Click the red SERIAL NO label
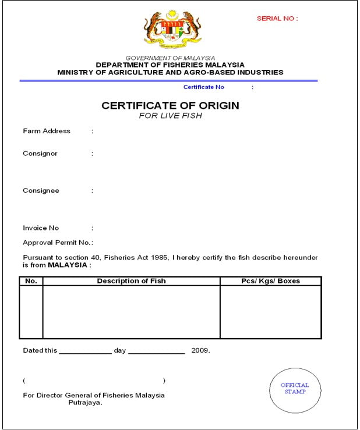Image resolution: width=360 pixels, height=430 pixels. pos(277,19)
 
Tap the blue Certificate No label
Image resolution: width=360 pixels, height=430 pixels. pos(203,87)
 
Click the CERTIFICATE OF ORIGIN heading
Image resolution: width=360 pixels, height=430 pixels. pos(170,105)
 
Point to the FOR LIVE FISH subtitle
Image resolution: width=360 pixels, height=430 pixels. pos(170,116)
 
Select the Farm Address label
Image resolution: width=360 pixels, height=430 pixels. pos(47,132)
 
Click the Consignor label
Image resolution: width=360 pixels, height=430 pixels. pos(40,154)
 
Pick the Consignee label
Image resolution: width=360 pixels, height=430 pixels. pos(41,191)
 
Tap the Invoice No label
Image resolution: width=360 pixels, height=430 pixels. pos(41,228)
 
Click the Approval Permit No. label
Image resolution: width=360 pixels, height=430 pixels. pos(57,243)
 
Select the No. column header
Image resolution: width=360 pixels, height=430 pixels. pos(31,281)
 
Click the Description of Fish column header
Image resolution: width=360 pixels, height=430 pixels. pos(131,281)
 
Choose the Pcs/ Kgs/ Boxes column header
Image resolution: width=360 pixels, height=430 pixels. pos(270,281)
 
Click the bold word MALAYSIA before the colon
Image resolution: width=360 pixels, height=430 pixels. pos(68,265)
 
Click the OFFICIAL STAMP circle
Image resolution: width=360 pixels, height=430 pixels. pos(295,389)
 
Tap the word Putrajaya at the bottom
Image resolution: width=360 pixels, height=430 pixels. pos(86,402)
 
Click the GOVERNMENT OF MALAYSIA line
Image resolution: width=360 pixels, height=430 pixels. pos(170,58)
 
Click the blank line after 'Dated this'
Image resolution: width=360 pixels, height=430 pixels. pos(84,352)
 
